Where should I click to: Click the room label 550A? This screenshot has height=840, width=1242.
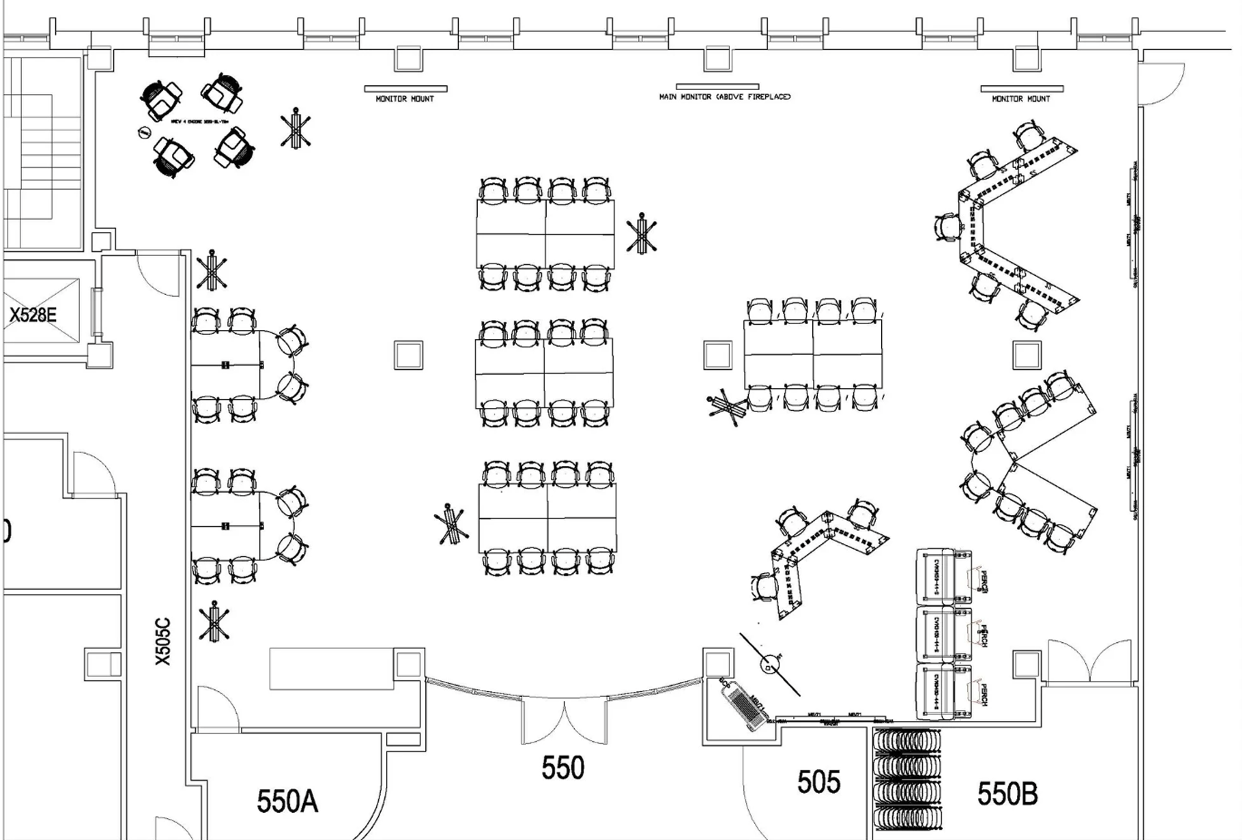pyautogui.click(x=287, y=801)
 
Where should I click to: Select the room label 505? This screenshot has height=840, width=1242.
pyautogui.click(x=818, y=782)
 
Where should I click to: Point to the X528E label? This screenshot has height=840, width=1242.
pyautogui.click(x=33, y=315)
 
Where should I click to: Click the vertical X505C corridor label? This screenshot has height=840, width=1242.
pyautogui.click(x=163, y=642)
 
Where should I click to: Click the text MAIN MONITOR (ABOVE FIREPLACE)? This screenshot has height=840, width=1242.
pyautogui.click(x=725, y=97)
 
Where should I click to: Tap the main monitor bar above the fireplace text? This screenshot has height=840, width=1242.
pyautogui.click(x=717, y=87)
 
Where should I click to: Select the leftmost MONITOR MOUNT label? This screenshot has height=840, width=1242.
pyautogui.click(x=405, y=99)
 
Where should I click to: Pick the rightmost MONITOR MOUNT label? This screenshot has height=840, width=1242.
pyautogui.click(x=1021, y=99)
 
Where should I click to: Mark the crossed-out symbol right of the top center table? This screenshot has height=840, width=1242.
pyautogui.click(x=641, y=234)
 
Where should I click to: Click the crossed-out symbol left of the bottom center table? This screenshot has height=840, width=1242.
pyautogui.click(x=451, y=524)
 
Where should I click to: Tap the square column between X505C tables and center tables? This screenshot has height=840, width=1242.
pyautogui.click(x=409, y=355)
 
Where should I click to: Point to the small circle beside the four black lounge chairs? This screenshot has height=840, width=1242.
pyautogui.click(x=143, y=132)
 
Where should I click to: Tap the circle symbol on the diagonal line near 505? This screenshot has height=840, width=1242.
pyautogui.click(x=768, y=664)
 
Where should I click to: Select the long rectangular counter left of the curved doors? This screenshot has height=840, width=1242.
pyautogui.click(x=331, y=669)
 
